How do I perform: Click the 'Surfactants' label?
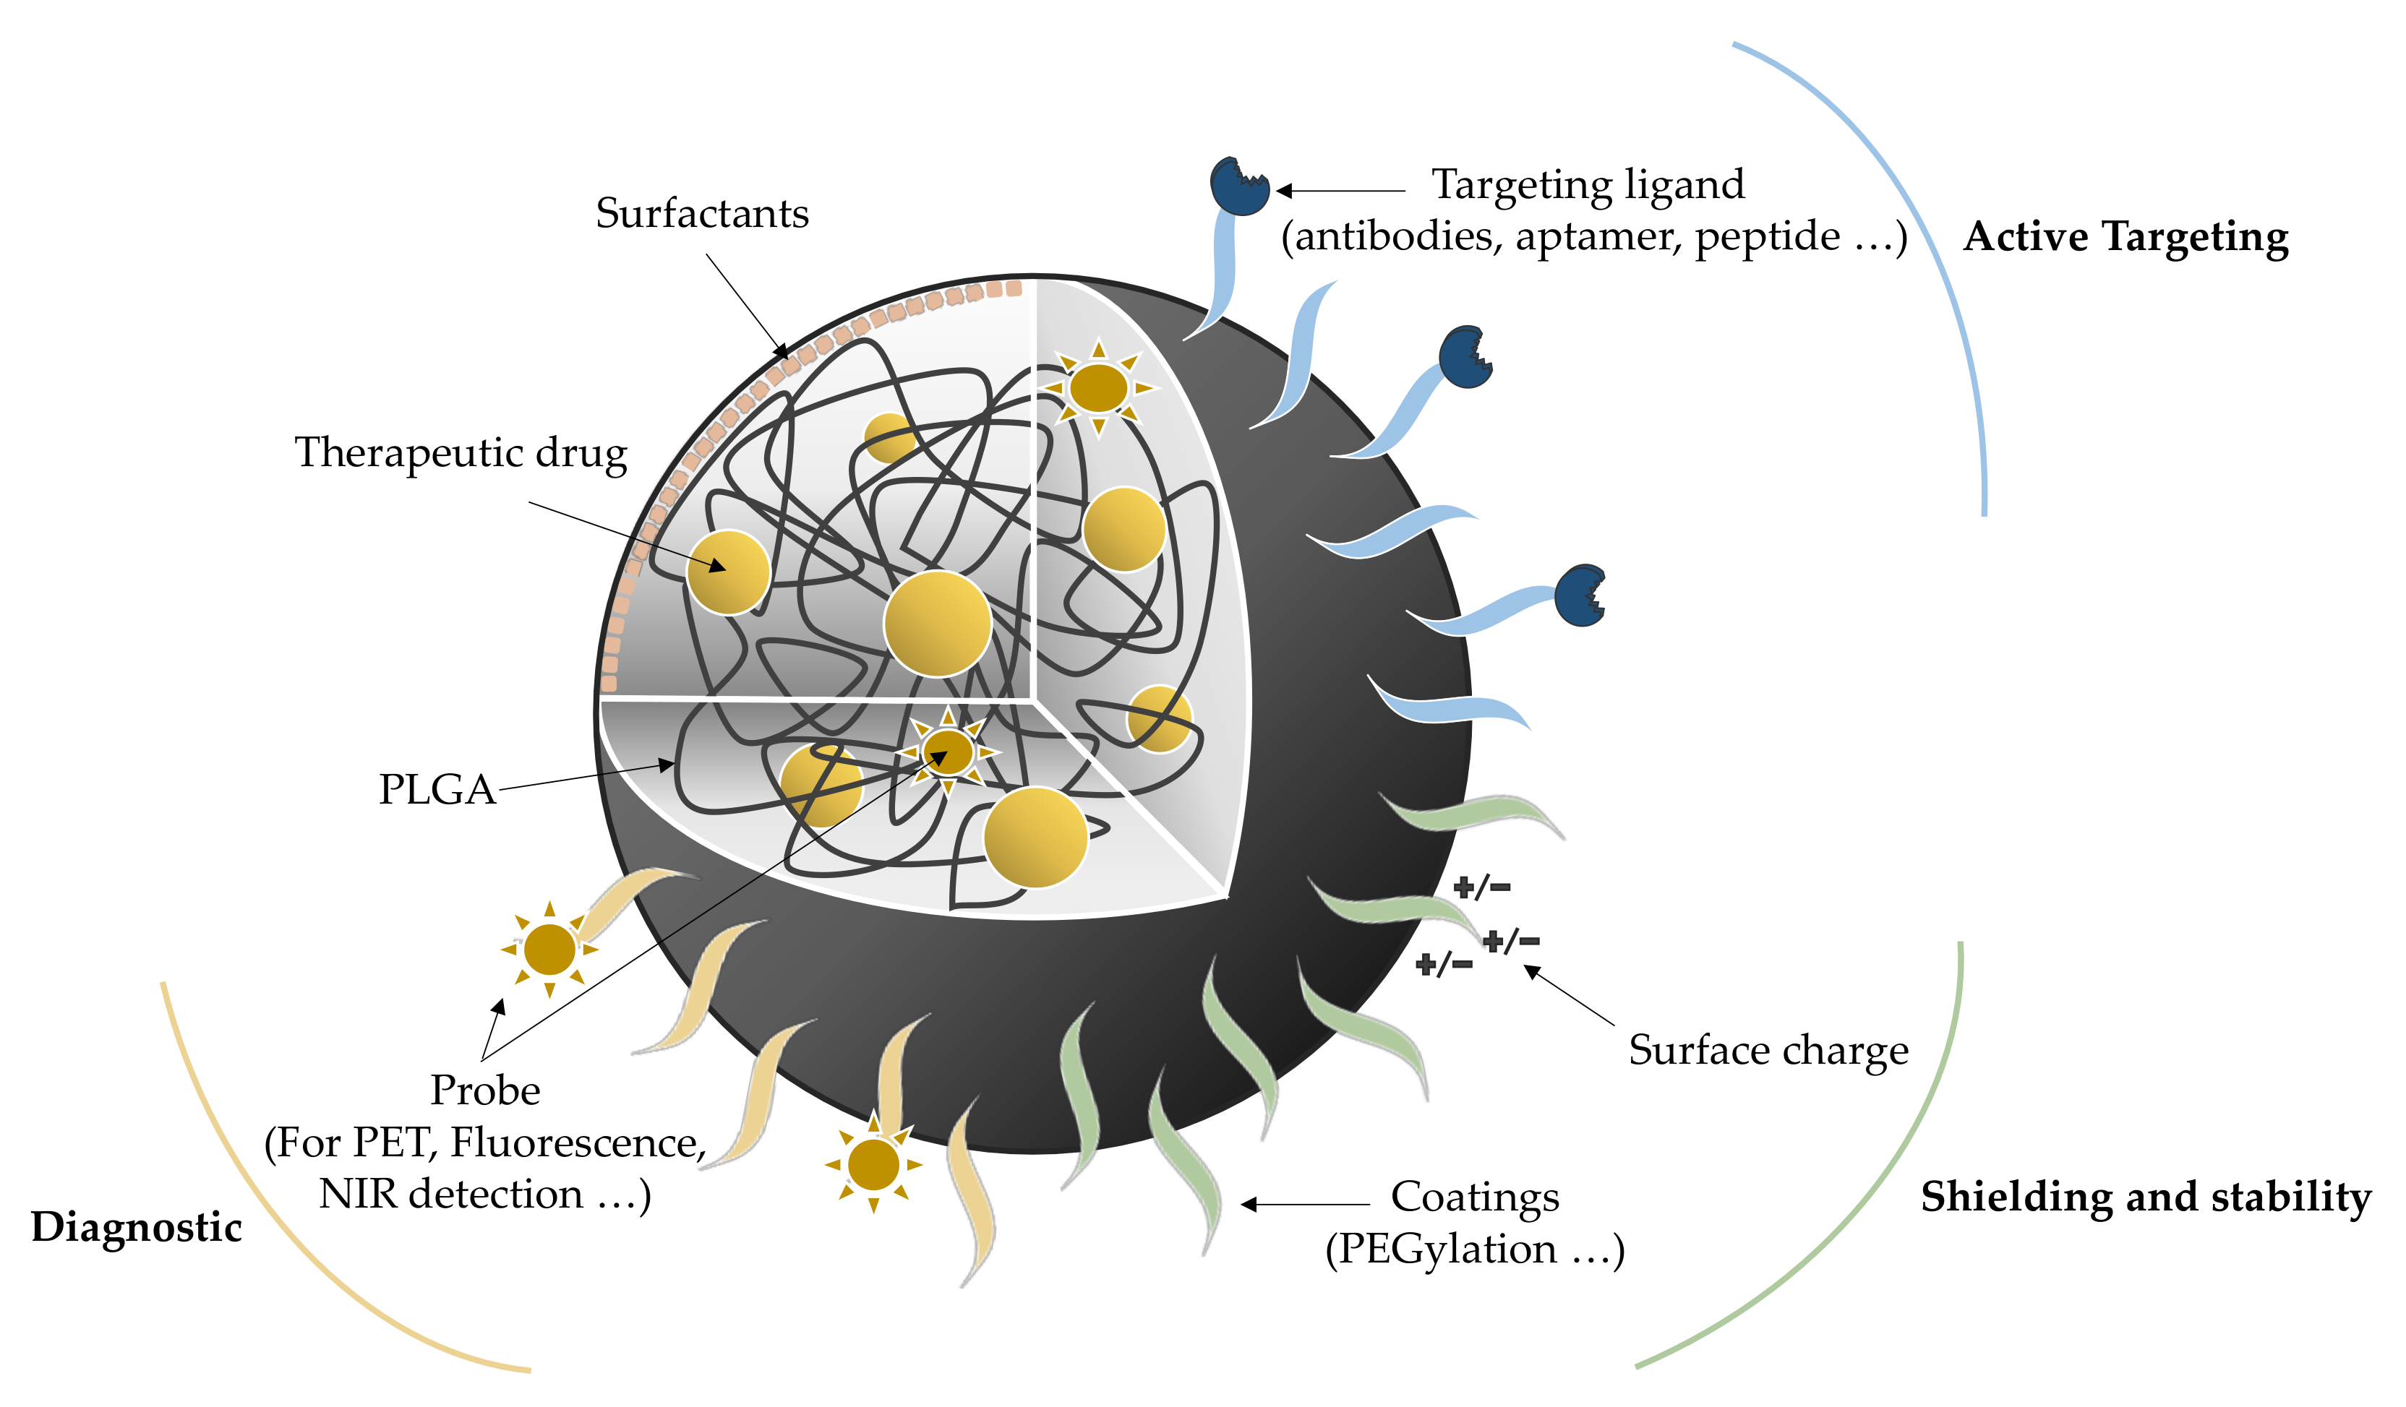point(702,214)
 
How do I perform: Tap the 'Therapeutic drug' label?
point(461,453)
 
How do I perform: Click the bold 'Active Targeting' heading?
point(2125,237)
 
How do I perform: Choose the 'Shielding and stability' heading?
point(2145,1197)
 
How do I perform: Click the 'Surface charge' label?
point(1768,1051)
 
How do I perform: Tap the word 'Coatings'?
point(1474,1197)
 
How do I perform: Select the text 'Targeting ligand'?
point(1588,185)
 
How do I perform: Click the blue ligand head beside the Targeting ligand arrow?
point(1238,187)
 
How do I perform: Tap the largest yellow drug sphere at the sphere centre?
point(937,624)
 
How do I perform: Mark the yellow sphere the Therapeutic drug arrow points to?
point(729,572)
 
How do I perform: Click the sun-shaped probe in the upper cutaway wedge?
point(1098,387)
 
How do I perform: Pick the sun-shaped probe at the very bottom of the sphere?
point(873,1164)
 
